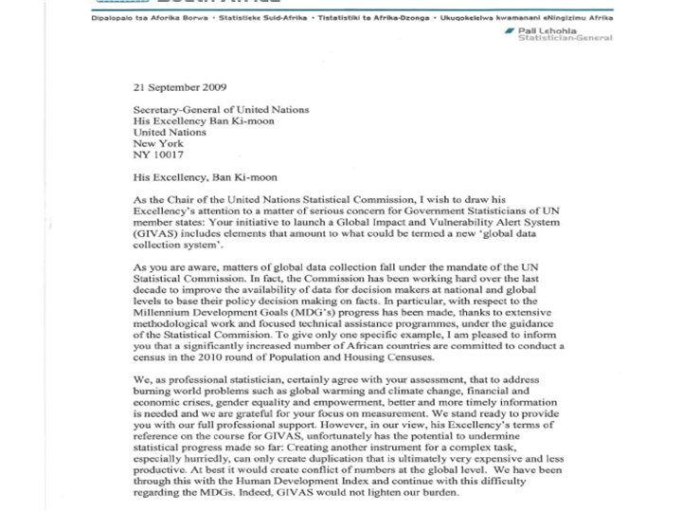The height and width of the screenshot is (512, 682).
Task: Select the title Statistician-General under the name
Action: [577, 38]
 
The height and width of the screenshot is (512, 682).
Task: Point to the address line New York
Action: [158, 143]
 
